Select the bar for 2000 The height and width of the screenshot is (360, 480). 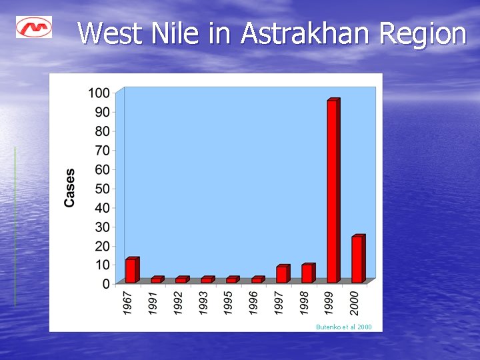pos(358,259)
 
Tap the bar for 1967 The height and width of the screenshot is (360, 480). pos(131,271)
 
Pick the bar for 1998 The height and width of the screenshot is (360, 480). pos(307,273)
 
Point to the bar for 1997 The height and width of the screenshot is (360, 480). pos(282,274)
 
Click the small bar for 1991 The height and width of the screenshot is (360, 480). pos(157,280)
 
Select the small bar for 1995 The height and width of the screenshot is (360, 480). pos(232,280)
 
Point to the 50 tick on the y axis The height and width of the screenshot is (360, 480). pos(102,188)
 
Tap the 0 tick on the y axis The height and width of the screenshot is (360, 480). pos(105,284)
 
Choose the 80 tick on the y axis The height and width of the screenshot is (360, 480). pos(102,131)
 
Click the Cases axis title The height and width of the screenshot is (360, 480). pos(70,187)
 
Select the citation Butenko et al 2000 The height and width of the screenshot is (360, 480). pos(344,327)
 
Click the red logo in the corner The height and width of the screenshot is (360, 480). pos(34,27)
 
